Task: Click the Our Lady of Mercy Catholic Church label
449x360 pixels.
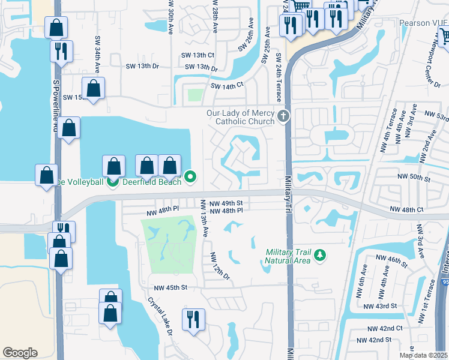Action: point(240,116)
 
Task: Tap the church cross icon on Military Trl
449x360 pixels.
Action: point(283,115)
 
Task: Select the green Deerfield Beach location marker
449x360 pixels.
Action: point(190,176)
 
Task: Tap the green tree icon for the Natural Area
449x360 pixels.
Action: point(320,256)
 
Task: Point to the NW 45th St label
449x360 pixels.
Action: point(171,287)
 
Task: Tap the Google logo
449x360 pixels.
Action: point(20,352)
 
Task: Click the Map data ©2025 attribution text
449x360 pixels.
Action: point(423,355)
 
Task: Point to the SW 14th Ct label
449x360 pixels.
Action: point(227,86)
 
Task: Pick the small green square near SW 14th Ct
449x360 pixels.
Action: point(195,95)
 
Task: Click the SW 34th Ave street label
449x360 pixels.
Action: point(97,50)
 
